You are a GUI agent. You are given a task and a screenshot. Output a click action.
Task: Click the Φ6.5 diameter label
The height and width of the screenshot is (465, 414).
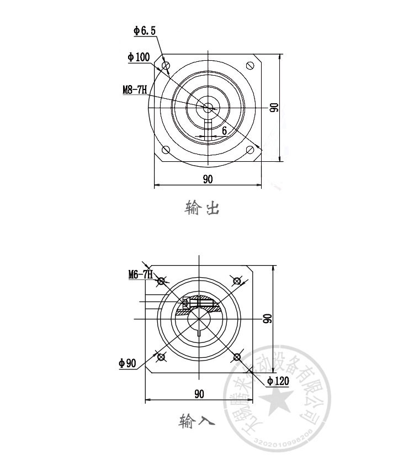coord(144,31)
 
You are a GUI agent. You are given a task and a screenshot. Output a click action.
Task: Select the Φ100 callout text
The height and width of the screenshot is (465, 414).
coord(138,57)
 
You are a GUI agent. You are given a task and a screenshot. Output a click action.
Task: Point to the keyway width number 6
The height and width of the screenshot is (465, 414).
coord(225,130)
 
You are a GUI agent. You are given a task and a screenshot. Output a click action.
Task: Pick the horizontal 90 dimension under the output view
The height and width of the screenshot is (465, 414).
coord(208,178)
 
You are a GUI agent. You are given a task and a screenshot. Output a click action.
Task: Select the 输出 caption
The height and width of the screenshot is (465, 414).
coord(201,209)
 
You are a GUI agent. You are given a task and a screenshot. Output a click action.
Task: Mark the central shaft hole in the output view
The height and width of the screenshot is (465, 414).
coord(208,108)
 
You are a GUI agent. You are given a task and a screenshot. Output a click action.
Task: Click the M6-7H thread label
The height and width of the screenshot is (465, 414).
coord(140,273)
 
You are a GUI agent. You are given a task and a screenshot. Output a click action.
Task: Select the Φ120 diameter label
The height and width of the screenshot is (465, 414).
coord(278,381)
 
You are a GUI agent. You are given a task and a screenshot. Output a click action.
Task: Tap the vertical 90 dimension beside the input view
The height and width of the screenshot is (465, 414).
coord(267,319)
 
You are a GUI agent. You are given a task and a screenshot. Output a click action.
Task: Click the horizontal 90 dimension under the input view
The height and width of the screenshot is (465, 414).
coord(199,394)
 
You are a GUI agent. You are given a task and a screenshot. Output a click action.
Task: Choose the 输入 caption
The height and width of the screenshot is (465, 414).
coord(194,422)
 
